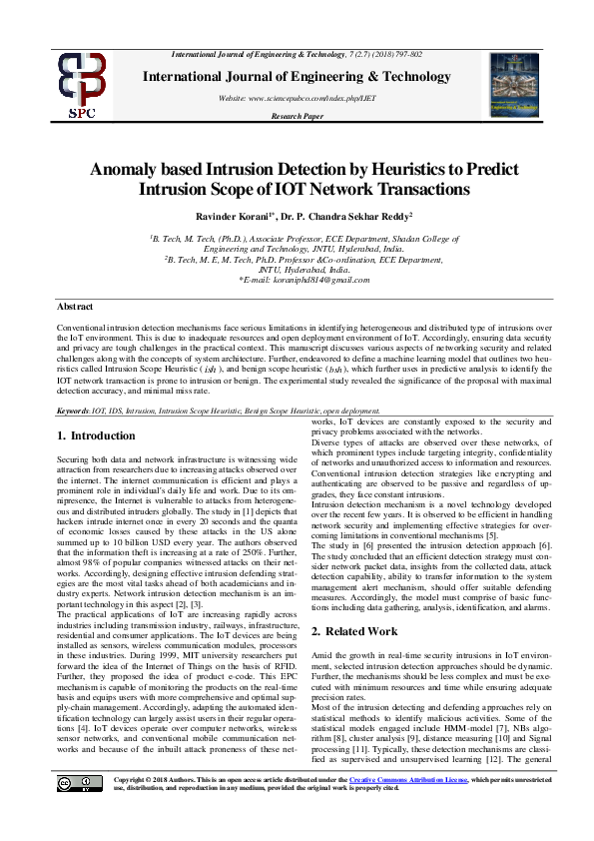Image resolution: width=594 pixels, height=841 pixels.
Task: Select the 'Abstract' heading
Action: tap(76, 306)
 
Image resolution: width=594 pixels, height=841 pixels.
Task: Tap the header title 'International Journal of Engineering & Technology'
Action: tap(297, 76)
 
